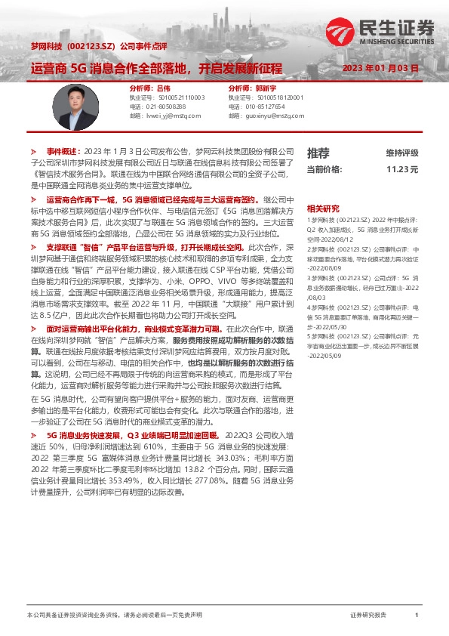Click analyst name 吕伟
[x=163, y=88]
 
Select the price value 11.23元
[x=402, y=170]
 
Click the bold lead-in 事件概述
[x=63, y=151]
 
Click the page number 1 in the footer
[x=417, y=616]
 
